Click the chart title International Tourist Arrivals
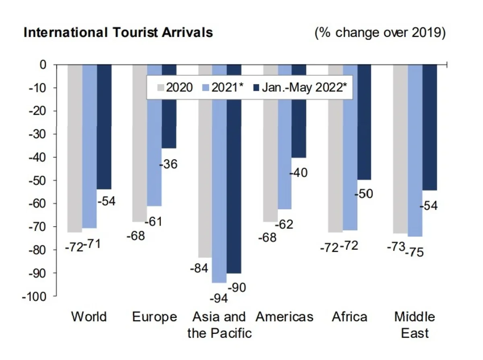[118, 32]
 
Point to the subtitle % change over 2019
[380, 32]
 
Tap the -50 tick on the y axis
[38, 180]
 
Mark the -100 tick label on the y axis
[35, 296]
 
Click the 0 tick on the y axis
[43, 64]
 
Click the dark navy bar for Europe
[169, 121]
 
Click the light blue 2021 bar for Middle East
[415, 161]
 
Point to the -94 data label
[219, 298]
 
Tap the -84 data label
[199, 267]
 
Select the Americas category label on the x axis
[284, 317]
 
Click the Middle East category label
[415, 325]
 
